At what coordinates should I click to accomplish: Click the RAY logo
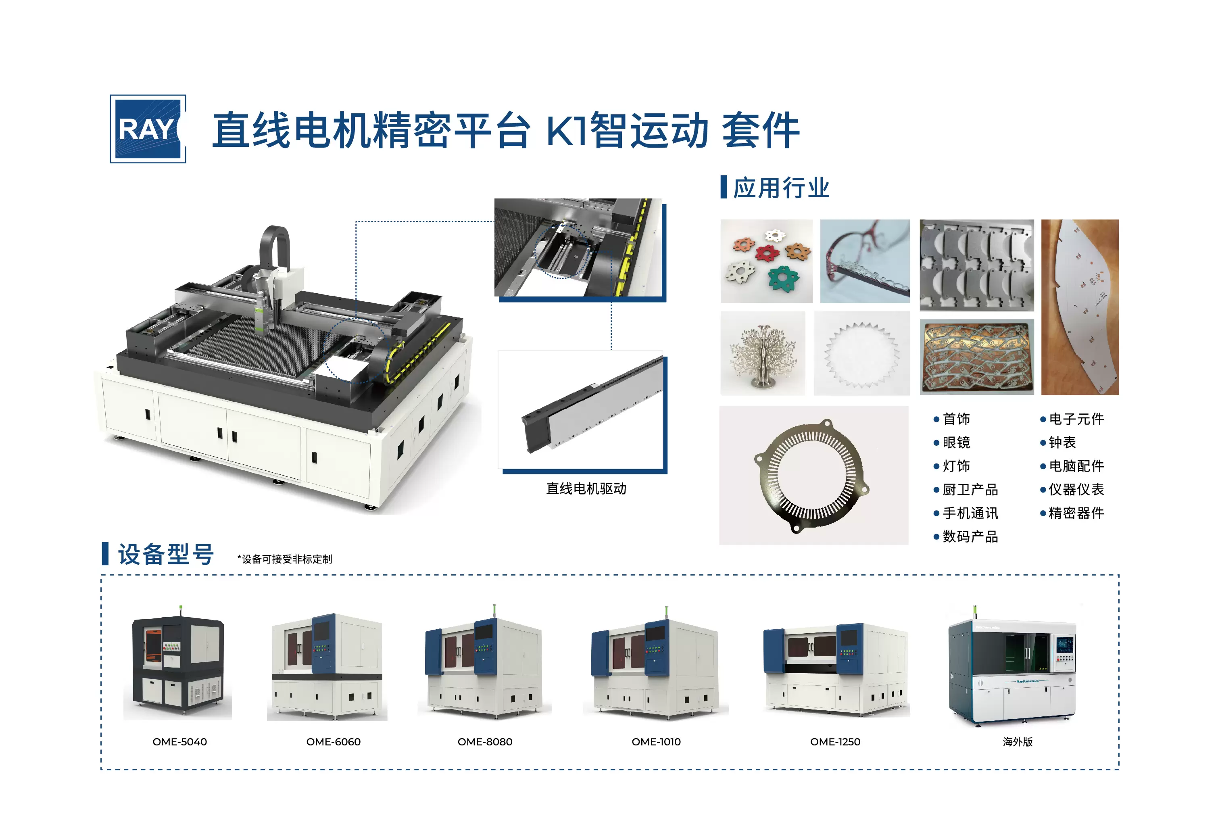point(148,129)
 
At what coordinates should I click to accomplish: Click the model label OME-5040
point(180,742)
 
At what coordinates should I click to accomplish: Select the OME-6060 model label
point(333,742)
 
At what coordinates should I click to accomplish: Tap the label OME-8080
point(485,742)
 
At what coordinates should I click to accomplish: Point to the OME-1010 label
point(656,742)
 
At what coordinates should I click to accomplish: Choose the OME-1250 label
point(835,742)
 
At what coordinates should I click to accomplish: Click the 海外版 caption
point(1018,742)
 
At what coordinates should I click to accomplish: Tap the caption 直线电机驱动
point(586,489)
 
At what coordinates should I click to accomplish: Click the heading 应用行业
point(781,188)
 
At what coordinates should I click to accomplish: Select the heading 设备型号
point(166,554)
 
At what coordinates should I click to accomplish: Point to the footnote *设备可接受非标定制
point(285,559)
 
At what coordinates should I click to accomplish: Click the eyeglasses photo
point(865,261)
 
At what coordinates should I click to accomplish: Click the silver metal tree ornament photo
point(763,353)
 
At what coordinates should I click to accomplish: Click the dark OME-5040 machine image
point(178,664)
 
